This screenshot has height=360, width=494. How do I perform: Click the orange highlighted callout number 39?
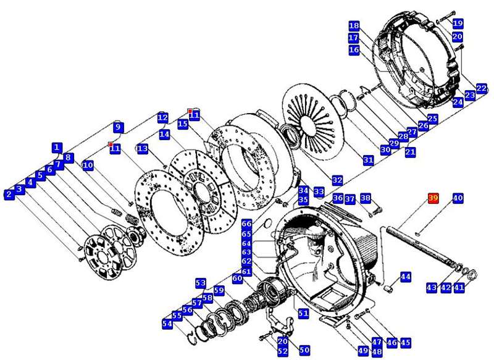(x=433, y=198)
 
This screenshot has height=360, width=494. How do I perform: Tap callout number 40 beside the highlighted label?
(x=458, y=198)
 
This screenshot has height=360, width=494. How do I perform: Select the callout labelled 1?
(x=57, y=148)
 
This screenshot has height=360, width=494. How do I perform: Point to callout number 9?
(x=117, y=128)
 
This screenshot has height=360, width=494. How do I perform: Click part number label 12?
(x=162, y=117)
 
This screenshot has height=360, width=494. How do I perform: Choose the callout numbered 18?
(x=354, y=26)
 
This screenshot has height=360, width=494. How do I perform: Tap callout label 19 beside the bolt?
(x=458, y=23)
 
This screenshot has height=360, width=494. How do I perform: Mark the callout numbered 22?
(x=482, y=88)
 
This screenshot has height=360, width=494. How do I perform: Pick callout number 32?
(x=337, y=180)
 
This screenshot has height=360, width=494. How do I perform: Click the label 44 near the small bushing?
(x=406, y=277)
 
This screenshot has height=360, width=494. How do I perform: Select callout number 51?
(x=303, y=314)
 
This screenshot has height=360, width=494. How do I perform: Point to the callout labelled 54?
(x=167, y=324)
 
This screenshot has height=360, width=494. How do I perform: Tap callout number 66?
(x=246, y=224)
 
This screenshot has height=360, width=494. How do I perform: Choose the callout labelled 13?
(x=143, y=149)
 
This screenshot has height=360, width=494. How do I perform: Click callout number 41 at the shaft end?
(x=459, y=287)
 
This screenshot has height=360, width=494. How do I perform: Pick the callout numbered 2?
(x=9, y=195)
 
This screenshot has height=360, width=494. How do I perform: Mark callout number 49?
(x=363, y=351)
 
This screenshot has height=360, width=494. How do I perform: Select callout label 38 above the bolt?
(x=366, y=198)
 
